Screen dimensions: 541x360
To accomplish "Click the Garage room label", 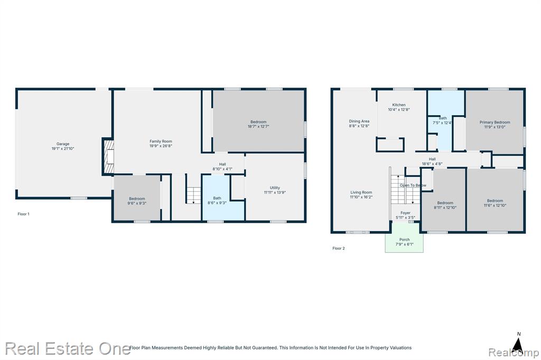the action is (63, 144).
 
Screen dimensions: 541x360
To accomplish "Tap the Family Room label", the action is (161, 141).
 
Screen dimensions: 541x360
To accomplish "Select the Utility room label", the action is (275, 188).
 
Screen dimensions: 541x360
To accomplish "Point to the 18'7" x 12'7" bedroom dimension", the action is (258, 127).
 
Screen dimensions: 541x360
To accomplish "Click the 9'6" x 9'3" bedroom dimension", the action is (137, 203).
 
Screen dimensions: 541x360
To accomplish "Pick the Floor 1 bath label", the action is (217, 198).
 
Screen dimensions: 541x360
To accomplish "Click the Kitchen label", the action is (399, 105).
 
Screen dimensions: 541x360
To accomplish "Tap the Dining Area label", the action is (359, 121).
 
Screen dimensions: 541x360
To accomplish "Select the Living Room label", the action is (361, 193).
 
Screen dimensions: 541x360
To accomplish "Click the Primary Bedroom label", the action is (495, 122).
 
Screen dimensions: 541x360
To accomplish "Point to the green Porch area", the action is (404, 238).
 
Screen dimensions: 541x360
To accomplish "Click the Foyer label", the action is (405, 213).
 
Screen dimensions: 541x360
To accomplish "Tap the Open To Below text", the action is (413, 185).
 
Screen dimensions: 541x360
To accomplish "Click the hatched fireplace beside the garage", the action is (108, 157).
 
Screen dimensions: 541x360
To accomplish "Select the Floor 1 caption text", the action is (23, 214).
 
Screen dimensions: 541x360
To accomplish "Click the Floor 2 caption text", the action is (339, 248).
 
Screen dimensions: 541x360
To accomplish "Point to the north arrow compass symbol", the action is (517, 343).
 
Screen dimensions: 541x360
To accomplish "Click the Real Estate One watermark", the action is (68, 348).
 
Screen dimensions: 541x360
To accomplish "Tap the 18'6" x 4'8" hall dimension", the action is (432, 164).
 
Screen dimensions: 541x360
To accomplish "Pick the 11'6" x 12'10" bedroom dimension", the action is (495, 205).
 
